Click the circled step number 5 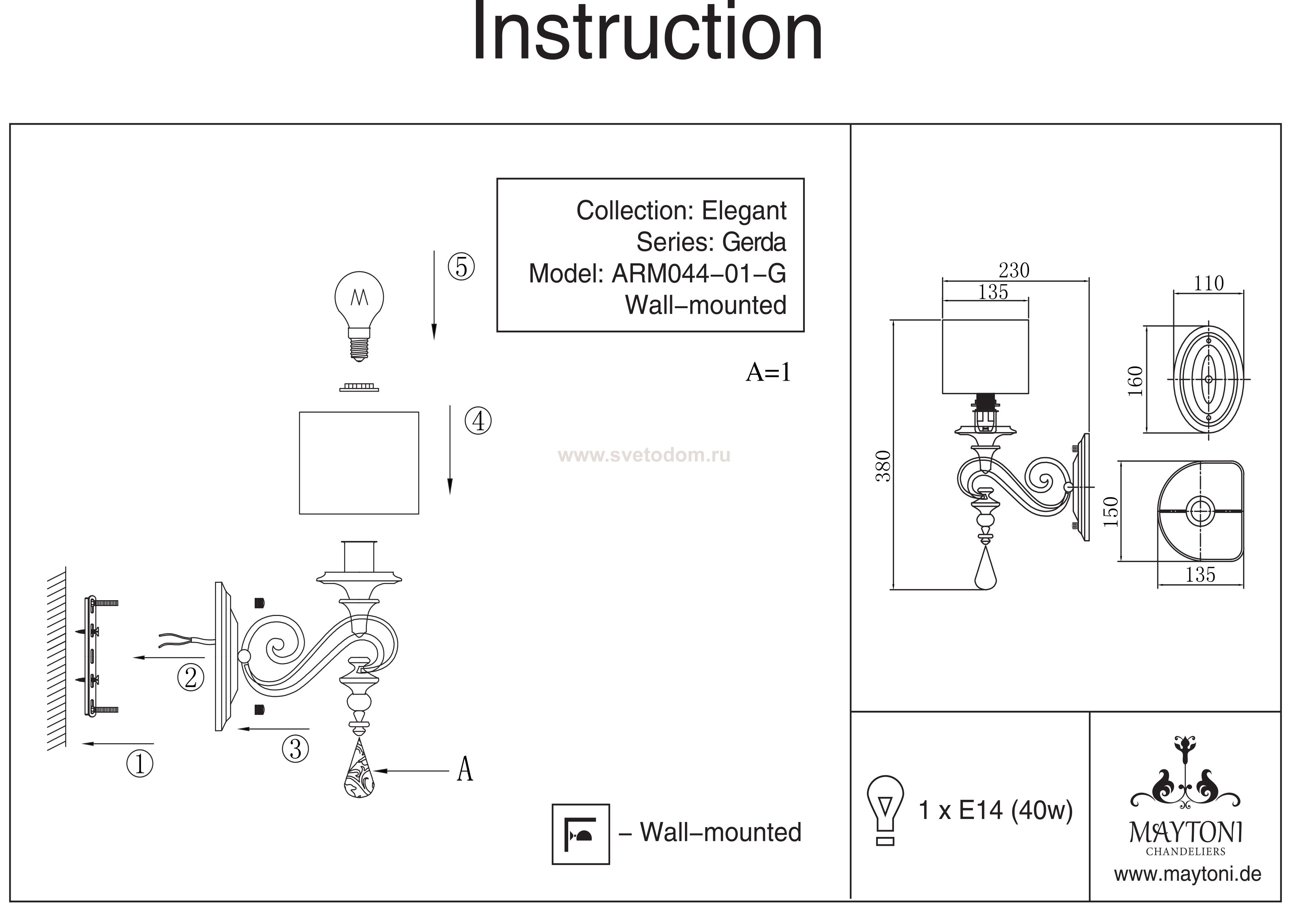tap(461, 267)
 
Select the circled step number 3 tap(296, 748)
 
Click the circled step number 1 tap(140, 764)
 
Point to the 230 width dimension tap(1014, 271)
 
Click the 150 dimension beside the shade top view tap(1111, 512)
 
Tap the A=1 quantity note tap(768, 372)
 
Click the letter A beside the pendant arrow tap(464, 769)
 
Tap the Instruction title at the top tap(647, 34)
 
